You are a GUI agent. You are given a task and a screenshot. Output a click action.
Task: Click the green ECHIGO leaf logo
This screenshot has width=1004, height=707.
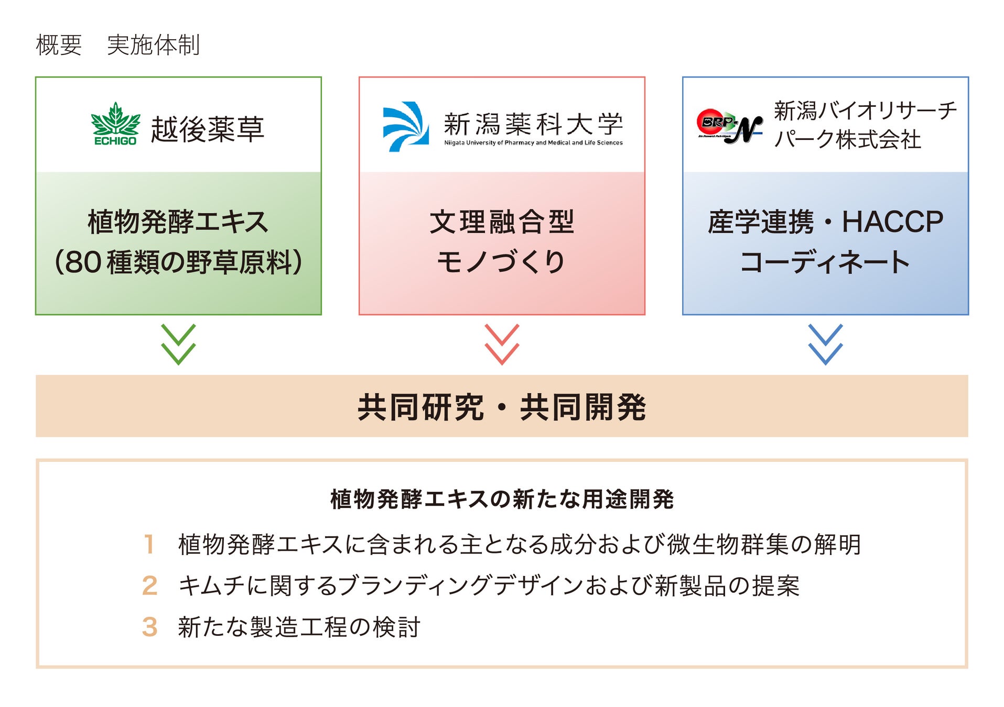click(x=115, y=124)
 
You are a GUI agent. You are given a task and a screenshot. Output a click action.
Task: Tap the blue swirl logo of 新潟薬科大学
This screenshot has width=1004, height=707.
click(x=405, y=126)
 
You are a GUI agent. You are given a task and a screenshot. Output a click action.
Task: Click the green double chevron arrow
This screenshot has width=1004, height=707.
click(x=178, y=344)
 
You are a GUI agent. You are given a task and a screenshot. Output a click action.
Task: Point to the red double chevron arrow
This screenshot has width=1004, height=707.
click(x=502, y=344)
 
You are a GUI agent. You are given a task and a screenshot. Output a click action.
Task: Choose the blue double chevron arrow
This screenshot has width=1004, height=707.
click(x=825, y=344)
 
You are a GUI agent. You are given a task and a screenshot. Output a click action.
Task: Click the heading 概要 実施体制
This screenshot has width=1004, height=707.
click(x=117, y=45)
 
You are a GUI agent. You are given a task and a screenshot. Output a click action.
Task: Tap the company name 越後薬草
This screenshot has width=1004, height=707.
click(x=208, y=129)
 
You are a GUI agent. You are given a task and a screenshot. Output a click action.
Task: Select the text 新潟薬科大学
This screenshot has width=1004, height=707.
click(x=533, y=124)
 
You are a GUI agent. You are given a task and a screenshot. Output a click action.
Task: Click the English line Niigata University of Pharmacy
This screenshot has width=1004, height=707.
click(x=533, y=142)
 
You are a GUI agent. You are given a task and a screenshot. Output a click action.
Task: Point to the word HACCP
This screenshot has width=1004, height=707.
click(x=892, y=222)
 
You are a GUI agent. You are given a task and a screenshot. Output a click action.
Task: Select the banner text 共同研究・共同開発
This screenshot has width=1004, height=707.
click(x=502, y=407)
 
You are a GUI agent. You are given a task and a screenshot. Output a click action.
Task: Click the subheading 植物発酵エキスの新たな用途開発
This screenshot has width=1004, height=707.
click(x=502, y=499)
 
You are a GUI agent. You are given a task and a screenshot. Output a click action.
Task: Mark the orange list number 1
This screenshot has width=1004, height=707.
click(x=149, y=544)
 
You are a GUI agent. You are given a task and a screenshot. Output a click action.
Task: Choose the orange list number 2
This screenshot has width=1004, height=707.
click(x=149, y=586)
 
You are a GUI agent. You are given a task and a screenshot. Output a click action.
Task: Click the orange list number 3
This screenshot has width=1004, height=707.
click(x=149, y=627)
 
